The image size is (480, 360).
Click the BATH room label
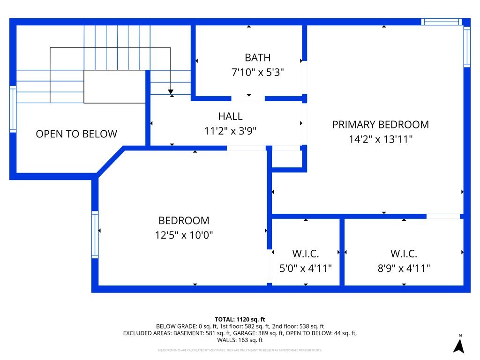257,58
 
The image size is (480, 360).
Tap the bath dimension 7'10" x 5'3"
257,73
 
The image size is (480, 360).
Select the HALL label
230,116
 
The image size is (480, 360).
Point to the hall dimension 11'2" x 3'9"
230,131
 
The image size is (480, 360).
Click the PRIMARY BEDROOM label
380,124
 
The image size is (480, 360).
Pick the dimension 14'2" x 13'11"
380,139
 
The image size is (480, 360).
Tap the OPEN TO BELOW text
76,134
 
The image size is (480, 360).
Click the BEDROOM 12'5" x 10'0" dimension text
184,235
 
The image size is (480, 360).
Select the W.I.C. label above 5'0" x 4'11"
306,254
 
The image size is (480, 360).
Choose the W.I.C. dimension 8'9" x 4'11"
404,269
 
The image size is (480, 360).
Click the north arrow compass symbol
459,345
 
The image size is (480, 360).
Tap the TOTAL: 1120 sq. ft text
240,319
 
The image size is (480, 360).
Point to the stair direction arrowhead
171,91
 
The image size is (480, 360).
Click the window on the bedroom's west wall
95,234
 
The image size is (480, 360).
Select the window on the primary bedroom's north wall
441,22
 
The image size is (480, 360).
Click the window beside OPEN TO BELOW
13,109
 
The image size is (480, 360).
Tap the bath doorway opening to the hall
248,98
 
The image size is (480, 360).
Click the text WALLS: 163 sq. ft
240,340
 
